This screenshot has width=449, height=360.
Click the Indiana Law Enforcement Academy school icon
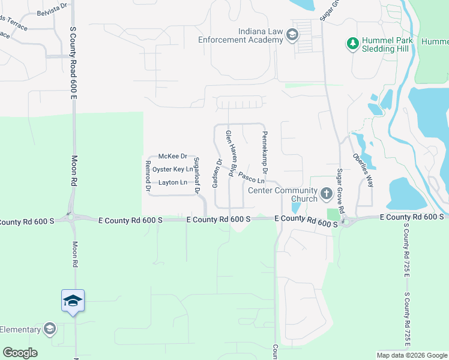click(x=292, y=34)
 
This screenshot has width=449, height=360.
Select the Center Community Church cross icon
click(x=326, y=193)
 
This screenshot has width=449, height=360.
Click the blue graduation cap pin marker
click(x=73, y=300)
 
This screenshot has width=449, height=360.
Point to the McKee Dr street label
click(x=173, y=156)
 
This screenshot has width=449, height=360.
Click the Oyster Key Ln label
click(x=173, y=169)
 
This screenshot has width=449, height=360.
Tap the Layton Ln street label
click(x=173, y=182)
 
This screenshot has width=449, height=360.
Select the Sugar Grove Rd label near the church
click(x=340, y=191)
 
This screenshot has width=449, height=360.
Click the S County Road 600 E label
click(x=74, y=63)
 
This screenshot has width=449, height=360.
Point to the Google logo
click(x=20, y=353)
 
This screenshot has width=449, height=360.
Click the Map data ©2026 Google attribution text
click(x=411, y=355)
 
